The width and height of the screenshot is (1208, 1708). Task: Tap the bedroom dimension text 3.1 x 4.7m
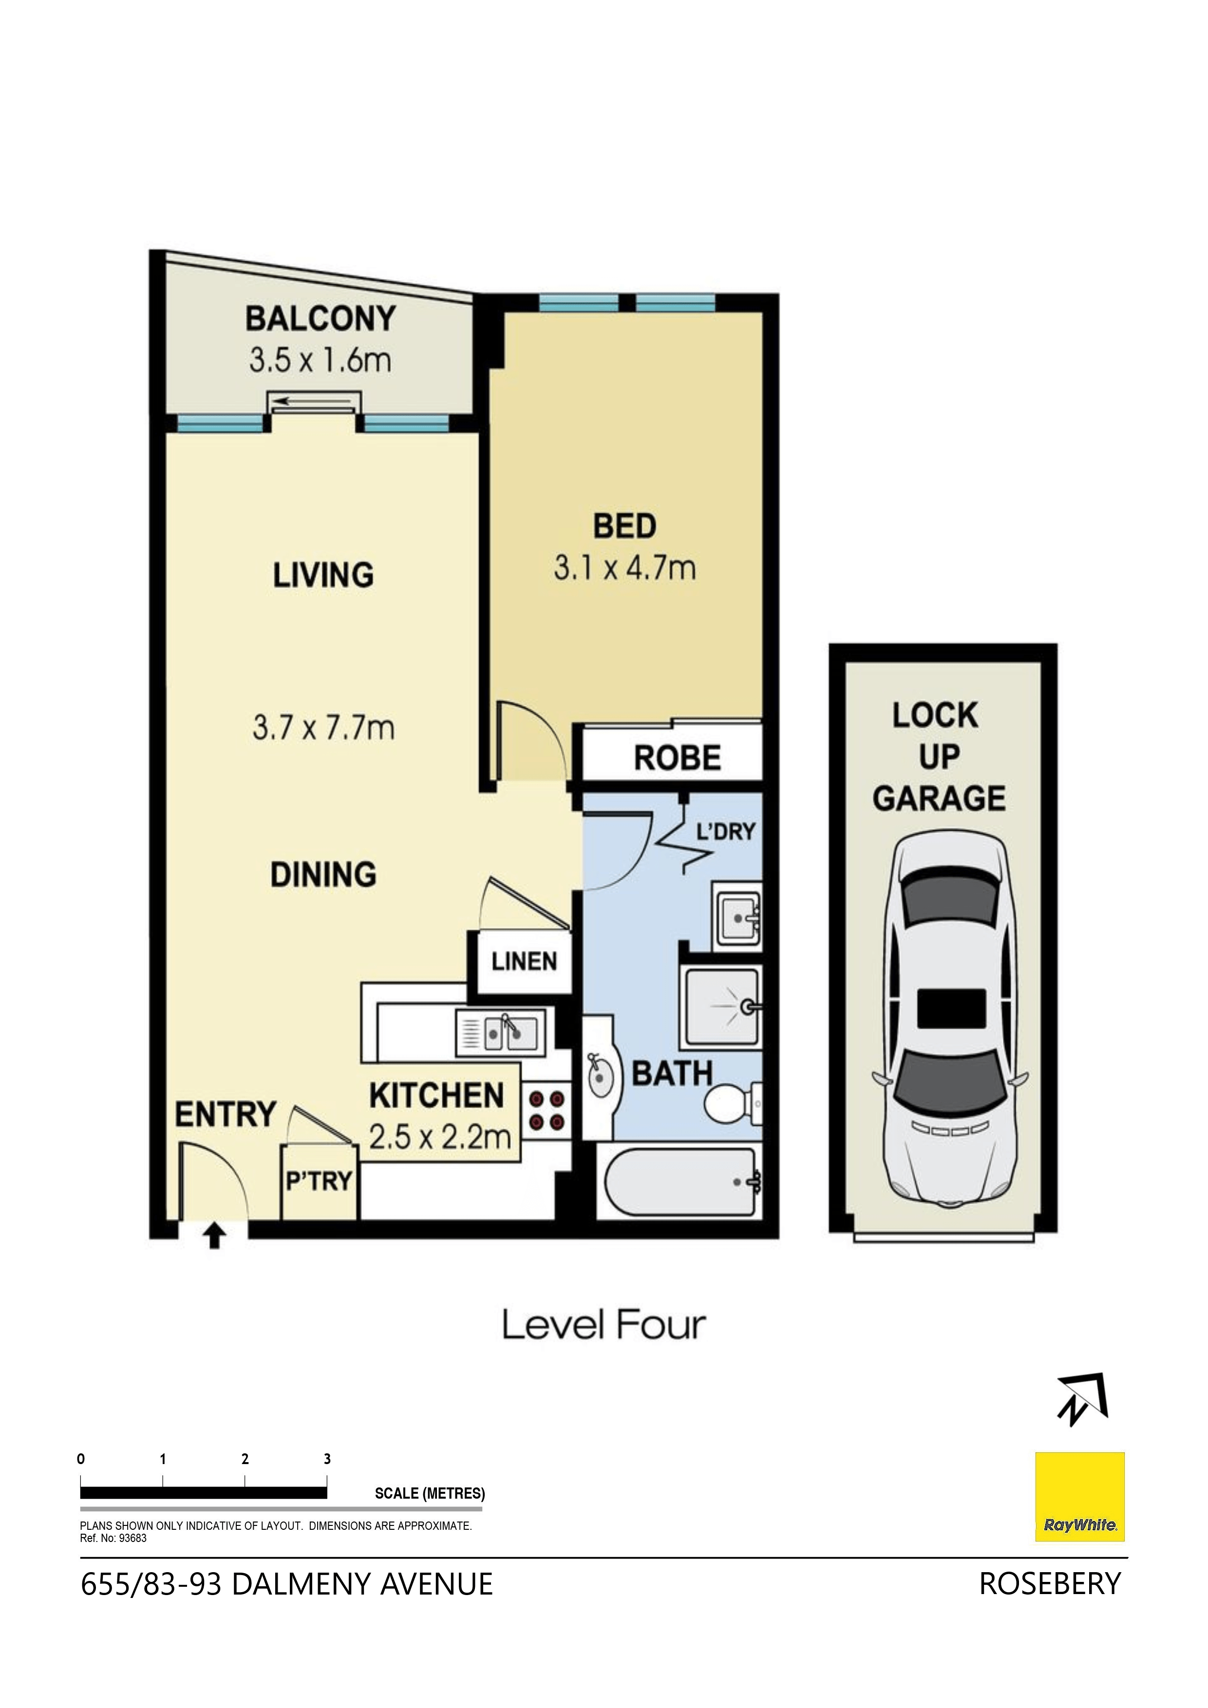point(624,568)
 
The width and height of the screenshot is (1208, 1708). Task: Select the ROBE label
point(678,758)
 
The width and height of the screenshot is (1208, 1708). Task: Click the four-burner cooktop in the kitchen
point(547,1111)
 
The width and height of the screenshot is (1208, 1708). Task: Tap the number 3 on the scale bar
point(327,1459)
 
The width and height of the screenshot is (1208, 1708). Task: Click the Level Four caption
point(604,1325)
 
